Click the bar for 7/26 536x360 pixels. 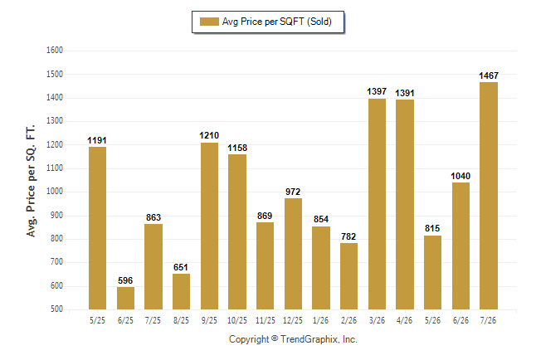(489, 196)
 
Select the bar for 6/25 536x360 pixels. (125, 298)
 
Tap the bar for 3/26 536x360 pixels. (377, 204)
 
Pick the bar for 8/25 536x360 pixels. (181, 292)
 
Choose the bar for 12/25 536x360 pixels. (293, 254)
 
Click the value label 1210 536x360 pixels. (209, 136)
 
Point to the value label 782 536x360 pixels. (348, 236)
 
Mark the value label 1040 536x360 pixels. (460, 176)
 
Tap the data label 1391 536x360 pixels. (405, 93)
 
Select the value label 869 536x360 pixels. (265, 216)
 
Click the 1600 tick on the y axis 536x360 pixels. (55, 51)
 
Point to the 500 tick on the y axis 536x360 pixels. (56, 309)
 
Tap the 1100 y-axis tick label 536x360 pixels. (55, 168)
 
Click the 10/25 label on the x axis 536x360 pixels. (237, 320)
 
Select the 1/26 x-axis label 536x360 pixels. (320, 320)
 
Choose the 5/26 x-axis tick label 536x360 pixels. (432, 320)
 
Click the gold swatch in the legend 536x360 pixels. (209, 22)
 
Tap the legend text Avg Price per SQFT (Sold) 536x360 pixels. (277, 22)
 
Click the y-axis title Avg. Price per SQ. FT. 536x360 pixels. (31, 181)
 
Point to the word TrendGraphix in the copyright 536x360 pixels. (309, 339)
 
